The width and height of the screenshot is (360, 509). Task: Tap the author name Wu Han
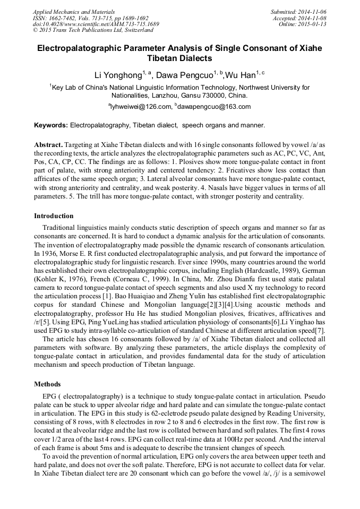(x=240, y=75)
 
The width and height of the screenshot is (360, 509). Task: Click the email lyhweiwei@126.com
(x=141, y=107)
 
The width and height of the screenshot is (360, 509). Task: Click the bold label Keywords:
(x=51, y=125)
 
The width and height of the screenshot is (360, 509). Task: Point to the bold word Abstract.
(x=48, y=145)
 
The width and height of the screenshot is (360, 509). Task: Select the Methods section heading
(x=47, y=384)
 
